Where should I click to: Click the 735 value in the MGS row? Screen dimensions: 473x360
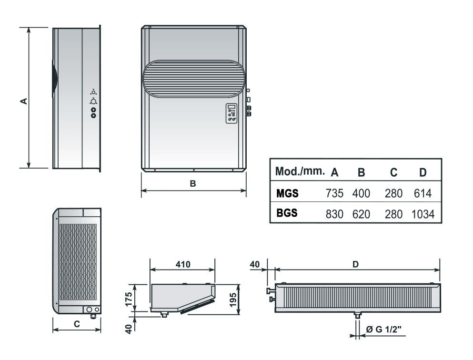(334, 193)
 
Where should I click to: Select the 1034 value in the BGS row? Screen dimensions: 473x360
(423, 214)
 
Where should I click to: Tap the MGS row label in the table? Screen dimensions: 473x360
(287, 193)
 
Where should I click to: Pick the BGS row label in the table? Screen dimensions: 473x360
(287, 213)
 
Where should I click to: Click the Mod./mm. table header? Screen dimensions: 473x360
(300, 171)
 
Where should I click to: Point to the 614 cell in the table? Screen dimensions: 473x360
(423, 193)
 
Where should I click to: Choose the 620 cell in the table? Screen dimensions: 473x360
(361, 214)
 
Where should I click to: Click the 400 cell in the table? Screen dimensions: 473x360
(361, 193)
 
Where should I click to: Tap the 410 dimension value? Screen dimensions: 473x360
(183, 264)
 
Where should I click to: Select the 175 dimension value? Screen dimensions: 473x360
(129, 299)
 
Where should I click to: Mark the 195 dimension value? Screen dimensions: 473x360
(233, 300)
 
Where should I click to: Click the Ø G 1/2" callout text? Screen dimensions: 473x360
(384, 329)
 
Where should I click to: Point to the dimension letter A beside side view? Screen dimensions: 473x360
(24, 101)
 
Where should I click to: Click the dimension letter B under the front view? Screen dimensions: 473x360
(193, 183)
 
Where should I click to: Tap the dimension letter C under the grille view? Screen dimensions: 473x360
(77, 324)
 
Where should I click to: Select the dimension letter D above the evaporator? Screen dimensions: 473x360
(356, 264)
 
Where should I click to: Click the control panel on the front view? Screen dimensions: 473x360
(231, 113)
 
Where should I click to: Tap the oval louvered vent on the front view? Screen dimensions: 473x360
(194, 79)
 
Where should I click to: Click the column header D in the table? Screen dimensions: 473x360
(423, 172)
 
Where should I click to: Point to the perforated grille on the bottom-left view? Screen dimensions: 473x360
(78, 262)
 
